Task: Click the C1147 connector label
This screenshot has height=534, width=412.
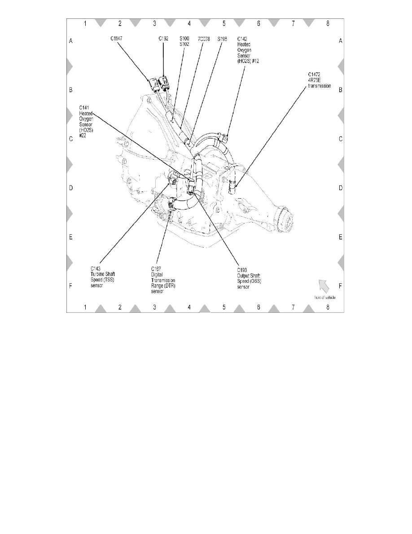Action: pos(116,39)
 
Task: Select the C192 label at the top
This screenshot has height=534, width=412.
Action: pos(163,39)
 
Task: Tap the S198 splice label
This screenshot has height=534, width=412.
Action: pos(222,39)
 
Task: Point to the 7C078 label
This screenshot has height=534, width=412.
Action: pos(204,39)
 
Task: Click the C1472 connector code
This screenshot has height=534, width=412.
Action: pos(315,75)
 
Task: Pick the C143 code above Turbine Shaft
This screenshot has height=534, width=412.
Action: pos(96,269)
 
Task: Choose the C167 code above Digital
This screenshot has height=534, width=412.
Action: pos(156,269)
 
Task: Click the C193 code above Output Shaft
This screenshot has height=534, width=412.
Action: pos(242,271)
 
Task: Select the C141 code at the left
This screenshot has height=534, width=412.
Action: pos(84,108)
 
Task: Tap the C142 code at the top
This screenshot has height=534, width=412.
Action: pos(242,39)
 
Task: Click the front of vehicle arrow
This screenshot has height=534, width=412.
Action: pos(324,286)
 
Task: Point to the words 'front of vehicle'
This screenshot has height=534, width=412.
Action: pos(324,298)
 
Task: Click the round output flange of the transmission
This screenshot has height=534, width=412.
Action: pos(286,220)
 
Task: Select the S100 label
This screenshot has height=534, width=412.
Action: pos(184,39)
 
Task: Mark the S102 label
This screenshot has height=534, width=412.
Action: pos(184,44)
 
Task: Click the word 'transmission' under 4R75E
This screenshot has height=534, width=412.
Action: pos(320,86)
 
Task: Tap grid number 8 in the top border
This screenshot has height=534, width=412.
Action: pos(328,23)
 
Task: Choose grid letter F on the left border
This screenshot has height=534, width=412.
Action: pos(71,286)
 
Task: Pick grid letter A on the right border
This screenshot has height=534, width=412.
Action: pos(341,41)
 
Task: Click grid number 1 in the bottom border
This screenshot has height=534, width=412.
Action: pos(85,307)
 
